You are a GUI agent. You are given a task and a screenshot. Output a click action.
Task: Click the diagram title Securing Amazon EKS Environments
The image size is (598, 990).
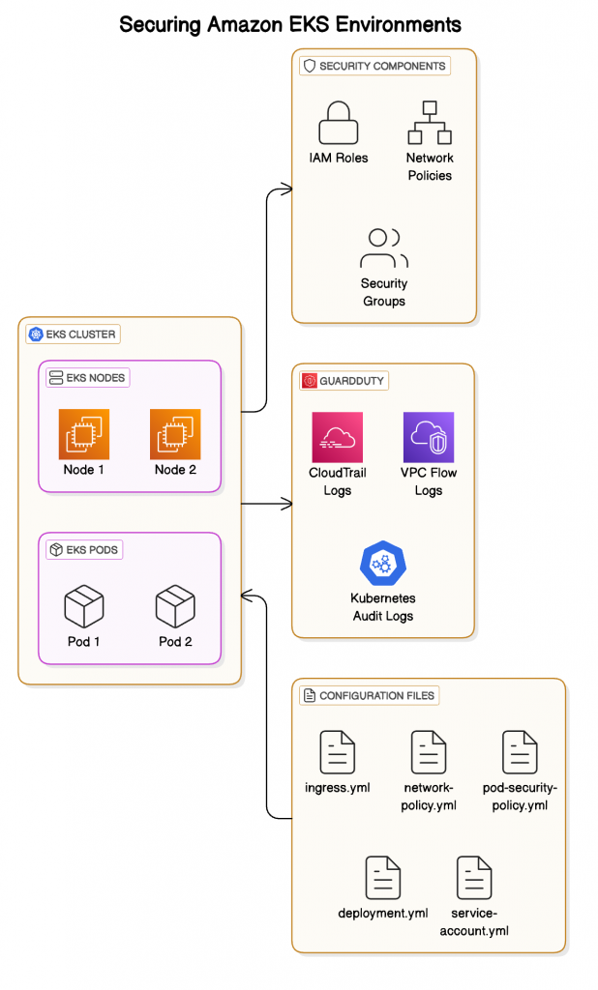tap(290, 24)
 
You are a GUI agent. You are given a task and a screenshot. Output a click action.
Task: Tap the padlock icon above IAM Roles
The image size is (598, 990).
tap(339, 122)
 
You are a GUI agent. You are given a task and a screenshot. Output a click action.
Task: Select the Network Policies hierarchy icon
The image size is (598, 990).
tap(430, 122)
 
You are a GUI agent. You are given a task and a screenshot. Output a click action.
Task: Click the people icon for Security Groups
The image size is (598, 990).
tap(384, 248)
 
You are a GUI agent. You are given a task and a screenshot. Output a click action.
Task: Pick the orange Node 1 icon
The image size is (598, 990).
tap(84, 433)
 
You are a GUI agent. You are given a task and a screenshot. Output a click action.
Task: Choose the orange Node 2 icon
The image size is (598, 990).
tap(175, 433)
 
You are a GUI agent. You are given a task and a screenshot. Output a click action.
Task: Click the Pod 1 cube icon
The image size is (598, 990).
tap(84, 606)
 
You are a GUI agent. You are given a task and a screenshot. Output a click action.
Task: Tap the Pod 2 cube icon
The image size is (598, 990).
tap(175, 606)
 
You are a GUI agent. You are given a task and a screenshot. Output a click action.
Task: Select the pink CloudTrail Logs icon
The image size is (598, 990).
tap(337, 437)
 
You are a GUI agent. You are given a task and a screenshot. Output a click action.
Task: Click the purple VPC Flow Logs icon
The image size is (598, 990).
tap(428, 437)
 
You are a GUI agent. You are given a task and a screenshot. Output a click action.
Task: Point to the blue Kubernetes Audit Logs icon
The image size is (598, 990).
tap(381, 565)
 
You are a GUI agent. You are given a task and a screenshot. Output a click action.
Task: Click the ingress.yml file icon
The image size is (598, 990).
tap(338, 752)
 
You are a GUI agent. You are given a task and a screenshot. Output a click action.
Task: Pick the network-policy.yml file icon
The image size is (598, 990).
tap(429, 752)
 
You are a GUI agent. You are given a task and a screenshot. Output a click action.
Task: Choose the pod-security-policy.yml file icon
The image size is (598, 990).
tap(520, 752)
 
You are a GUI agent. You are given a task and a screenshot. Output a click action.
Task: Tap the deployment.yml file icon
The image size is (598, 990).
tap(383, 878)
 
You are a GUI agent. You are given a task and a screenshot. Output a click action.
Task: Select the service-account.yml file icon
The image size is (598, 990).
tap(474, 878)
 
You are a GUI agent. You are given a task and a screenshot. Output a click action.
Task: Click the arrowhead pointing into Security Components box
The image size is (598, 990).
tap(286, 189)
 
